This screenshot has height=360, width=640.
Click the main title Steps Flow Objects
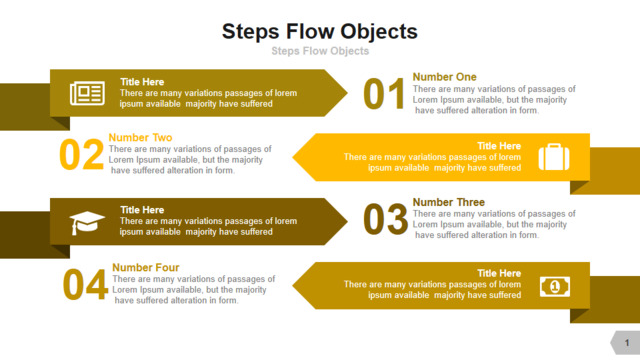[x=320, y=32]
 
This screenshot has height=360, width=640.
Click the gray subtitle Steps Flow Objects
[x=320, y=51]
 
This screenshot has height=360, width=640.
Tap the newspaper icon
[x=87, y=93]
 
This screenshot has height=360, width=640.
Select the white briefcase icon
[x=554, y=157]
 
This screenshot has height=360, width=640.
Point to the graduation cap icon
[x=87, y=223]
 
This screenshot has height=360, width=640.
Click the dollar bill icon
[x=555, y=287]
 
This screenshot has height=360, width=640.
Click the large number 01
[x=384, y=94]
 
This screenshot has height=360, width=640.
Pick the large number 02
[x=82, y=155]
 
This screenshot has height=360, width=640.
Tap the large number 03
[x=385, y=220]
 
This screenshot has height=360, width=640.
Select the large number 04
[x=85, y=284]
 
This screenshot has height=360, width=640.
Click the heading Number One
[x=444, y=77]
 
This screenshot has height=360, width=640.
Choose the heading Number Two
[x=140, y=138]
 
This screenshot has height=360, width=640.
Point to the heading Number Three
[x=449, y=202]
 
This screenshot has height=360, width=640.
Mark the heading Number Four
[x=146, y=267]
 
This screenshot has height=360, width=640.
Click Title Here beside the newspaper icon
[x=142, y=82]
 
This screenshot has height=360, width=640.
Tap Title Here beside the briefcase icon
[x=499, y=146]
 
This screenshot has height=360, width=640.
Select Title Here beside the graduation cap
[x=142, y=210]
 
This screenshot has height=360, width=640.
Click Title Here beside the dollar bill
[x=499, y=273]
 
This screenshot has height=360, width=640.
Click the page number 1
[x=627, y=343]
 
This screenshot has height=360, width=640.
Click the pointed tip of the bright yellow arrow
[x=293, y=157]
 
